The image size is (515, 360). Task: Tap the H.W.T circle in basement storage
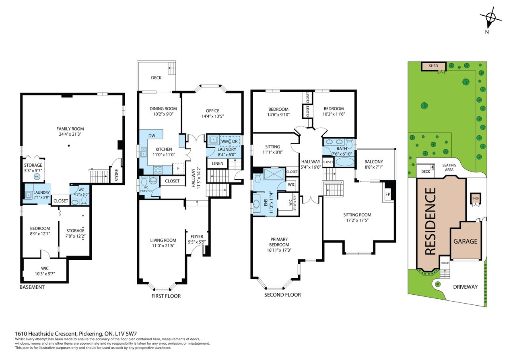coord(37,177)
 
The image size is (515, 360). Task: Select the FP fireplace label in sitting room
coord(387,194)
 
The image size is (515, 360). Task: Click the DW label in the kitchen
coord(152,136)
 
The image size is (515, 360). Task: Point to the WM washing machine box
coord(225,141)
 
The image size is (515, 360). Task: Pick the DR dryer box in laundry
coord(235,141)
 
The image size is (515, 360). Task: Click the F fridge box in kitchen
coord(178,168)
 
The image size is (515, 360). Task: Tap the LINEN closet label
coord(218,163)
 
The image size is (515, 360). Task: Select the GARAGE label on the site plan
coord(466,241)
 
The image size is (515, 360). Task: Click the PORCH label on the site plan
coord(445,263)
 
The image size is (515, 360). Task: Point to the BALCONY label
coord(374,161)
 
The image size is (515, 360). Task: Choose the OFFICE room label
coord(212,111)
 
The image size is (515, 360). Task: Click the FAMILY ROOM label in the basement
coord(70,129)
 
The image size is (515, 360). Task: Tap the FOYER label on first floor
coord(197,236)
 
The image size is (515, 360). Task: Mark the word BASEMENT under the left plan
coord(32,287)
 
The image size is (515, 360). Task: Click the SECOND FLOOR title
coord(282,295)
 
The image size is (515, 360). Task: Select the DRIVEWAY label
coord(466,287)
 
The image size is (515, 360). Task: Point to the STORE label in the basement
coord(117,175)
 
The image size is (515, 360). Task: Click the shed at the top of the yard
coord(433,66)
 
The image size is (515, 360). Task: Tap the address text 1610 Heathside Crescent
coord(46,333)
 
